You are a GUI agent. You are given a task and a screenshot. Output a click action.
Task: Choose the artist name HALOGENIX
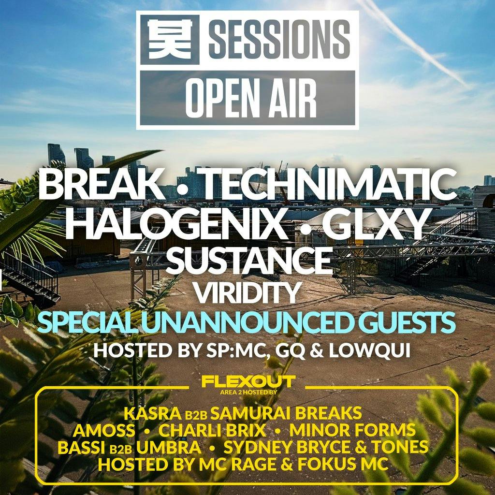174,223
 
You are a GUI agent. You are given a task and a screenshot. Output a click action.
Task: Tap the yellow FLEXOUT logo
248,382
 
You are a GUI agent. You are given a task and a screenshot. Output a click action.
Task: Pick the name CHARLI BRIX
212,430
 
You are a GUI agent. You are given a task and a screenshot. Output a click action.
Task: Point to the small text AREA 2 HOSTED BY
248,392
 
